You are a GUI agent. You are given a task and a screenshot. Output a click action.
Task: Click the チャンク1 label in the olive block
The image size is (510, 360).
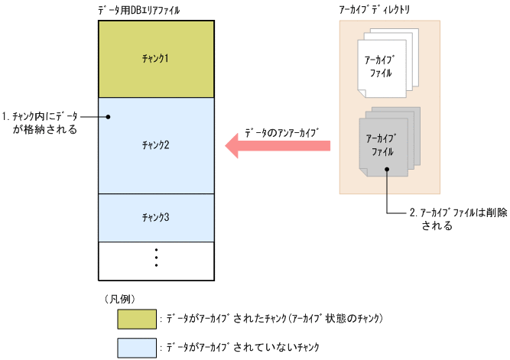point(155,59)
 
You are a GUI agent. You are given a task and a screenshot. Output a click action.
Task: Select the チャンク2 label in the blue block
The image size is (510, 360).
point(155,144)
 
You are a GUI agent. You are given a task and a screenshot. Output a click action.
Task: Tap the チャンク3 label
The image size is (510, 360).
point(155,217)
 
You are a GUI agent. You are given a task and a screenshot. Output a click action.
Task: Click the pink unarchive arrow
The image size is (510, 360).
point(278,146)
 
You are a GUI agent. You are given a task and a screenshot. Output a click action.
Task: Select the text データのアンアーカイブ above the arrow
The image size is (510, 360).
point(281,130)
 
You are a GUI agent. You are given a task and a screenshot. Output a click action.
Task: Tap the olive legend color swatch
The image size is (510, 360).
point(137,317)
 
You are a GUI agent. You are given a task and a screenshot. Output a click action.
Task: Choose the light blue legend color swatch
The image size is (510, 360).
point(137,347)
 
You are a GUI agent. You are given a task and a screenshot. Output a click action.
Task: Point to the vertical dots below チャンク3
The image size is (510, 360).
point(155,258)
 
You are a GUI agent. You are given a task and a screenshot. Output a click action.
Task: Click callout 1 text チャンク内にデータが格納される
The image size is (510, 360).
point(46,123)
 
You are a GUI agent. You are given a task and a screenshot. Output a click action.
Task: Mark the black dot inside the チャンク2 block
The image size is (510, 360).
point(109,117)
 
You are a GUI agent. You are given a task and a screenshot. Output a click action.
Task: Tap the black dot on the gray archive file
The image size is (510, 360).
point(388,171)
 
